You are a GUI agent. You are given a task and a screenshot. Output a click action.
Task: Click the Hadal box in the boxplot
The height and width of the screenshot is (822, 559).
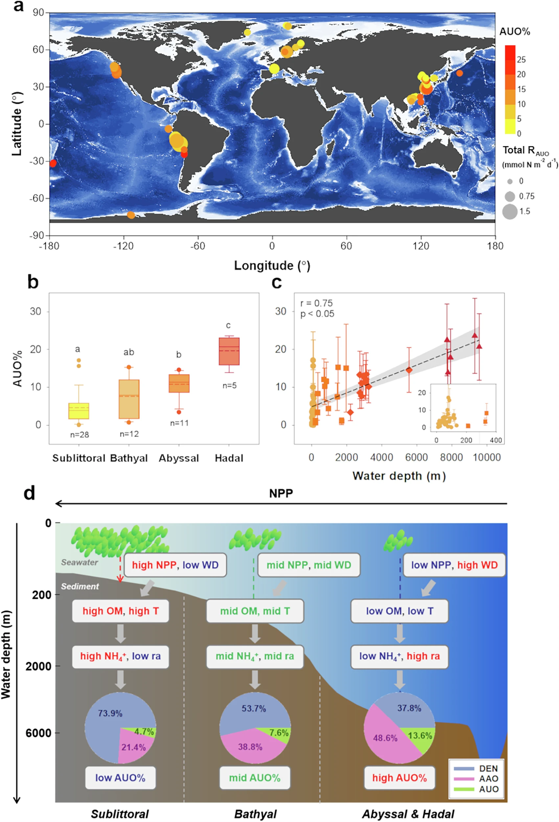click(x=229, y=351)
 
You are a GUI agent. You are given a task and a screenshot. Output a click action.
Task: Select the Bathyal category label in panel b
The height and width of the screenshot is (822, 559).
click(x=129, y=458)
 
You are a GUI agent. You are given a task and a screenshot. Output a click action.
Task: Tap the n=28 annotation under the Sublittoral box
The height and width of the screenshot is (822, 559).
click(x=80, y=435)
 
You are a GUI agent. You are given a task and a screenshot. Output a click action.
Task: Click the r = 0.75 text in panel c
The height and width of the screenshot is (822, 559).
click(x=316, y=303)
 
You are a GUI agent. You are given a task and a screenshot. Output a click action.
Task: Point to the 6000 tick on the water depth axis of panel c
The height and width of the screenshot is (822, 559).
click(x=416, y=457)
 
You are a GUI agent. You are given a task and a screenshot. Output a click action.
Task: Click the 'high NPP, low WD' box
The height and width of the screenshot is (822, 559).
click(x=175, y=565)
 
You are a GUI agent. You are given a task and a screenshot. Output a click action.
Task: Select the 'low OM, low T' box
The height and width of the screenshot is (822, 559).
click(x=400, y=611)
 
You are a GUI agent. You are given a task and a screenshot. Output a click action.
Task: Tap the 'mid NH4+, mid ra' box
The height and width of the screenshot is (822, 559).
click(x=255, y=656)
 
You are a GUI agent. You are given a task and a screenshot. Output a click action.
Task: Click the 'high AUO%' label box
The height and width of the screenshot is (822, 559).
click(x=400, y=778)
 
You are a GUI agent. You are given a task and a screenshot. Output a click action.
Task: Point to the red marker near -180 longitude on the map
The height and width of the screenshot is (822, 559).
click(x=53, y=163)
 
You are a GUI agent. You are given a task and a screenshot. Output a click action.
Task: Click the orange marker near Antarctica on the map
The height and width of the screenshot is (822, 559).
click(x=131, y=215)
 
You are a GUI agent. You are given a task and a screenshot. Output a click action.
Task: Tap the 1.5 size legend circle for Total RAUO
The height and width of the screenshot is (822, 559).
click(x=509, y=211)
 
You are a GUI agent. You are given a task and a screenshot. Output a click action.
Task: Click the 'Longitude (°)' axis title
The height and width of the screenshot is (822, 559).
click(x=272, y=265)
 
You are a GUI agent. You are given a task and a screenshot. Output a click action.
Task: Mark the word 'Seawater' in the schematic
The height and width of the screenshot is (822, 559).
click(x=80, y=562)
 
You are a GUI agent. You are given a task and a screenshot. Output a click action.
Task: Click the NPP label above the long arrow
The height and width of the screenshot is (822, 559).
click(x=281, y=493)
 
